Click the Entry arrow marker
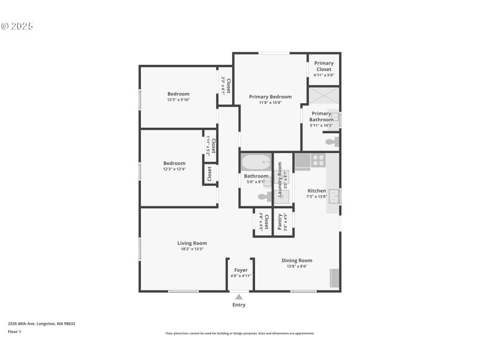[239, 296]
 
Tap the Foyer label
[241, 270]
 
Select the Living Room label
[192, 243]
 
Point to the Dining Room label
[297, 260]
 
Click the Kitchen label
[317, 191]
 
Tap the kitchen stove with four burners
[319, 160]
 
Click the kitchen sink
[334, 196]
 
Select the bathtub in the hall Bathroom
[256, 163]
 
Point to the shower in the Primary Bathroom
[324, 96]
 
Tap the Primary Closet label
[324, 66]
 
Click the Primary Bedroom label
[271, 97]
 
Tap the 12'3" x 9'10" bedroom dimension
[178, 100]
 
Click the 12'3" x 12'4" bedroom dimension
[175, 169]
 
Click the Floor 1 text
[14, 331]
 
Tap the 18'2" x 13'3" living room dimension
[192, 249]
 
